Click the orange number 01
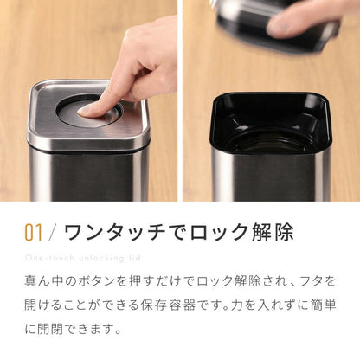[34, 233]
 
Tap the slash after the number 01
[55, 233]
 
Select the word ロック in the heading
[222, 233]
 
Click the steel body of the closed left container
[87, 177]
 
